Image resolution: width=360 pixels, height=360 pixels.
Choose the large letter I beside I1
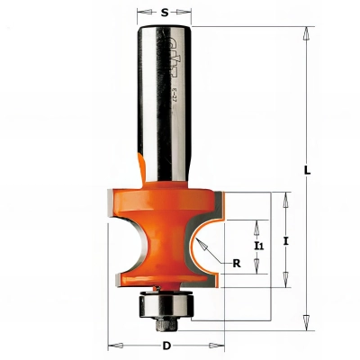click(286, 240)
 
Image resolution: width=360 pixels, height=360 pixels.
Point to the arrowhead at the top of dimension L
click(307, 33)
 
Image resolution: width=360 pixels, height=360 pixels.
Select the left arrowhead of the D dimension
click(113, 345)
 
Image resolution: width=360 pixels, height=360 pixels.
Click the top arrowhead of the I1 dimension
click(259, 223)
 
